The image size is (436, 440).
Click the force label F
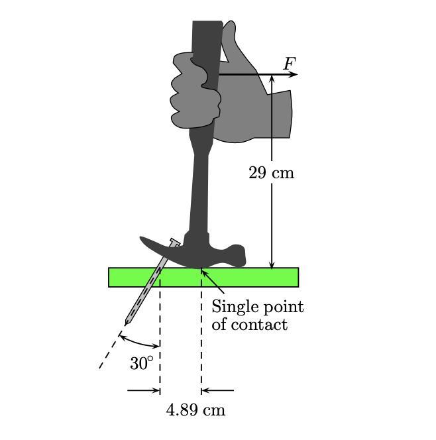pyautogui.click(x=289, y=64)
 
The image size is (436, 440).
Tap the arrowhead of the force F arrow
pyautogui.click(x=294, y=75)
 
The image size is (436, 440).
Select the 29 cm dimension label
pyautogui.click(x=271, y=173)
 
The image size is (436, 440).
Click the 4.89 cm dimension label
pyautogui.click(x=195, y=410)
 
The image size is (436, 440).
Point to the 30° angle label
pyautogui.click(x=142, y=363)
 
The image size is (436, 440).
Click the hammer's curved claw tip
pyautogui.click(x=142, y=241)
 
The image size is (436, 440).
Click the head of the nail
pyautogui.click(x=175, y=243)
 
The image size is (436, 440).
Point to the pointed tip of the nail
pyautogui.click(x=127, y=323)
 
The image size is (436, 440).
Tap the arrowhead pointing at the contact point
pyautogui.click(x=204, y=272)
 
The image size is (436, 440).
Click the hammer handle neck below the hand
pyautogui.click(x=200, y=172)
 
